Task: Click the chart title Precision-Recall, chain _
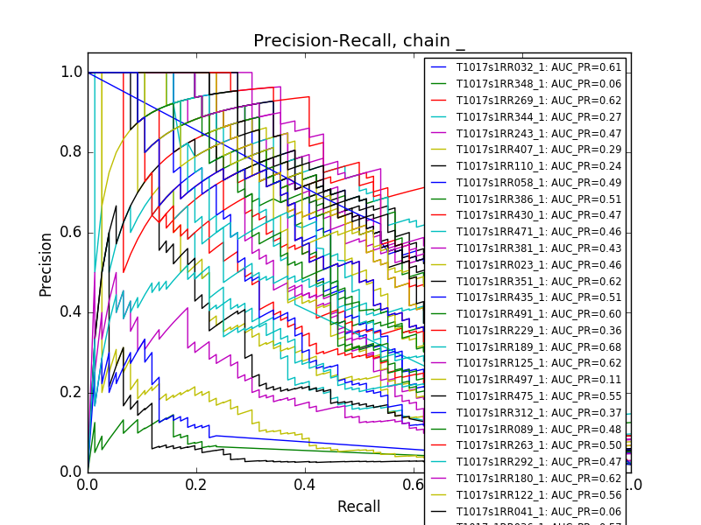click(359, 41)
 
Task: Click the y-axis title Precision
click(46, 263)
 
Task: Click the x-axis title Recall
click(359, 507)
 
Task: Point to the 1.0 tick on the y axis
click(72, 73)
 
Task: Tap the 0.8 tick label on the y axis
click(72, 152)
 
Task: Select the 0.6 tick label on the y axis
click(72, 232)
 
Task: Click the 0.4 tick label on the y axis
click(72, 312)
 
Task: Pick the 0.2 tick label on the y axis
click(72, 392)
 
